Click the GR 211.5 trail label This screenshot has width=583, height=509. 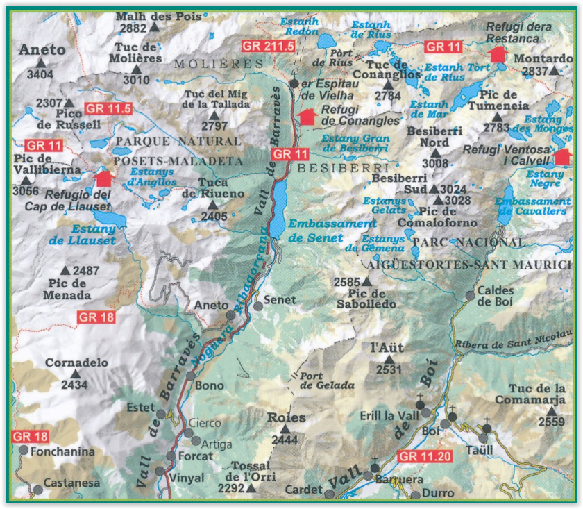[x=267, y=46]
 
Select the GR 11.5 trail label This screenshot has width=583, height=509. [x=108, y=108]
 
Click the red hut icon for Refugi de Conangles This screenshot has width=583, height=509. [x=307, y=116]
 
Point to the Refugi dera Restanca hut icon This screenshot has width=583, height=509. [x=497, y=53]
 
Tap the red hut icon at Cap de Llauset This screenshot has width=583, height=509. [x=103, y=178]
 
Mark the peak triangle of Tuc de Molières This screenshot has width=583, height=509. [x=136, y=69]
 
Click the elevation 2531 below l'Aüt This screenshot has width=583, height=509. [x=389, y=369]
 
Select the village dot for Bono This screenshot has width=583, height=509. [x=191, y=376]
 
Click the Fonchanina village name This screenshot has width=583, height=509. [x=61, y=451]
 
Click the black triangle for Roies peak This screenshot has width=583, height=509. [x=284, y=429]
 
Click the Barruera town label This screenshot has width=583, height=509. [x=400, y=478]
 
